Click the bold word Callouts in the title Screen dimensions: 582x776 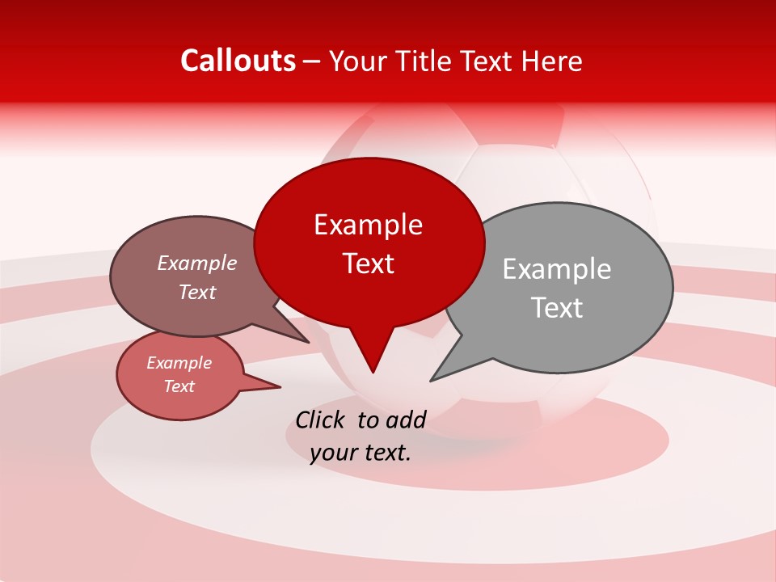click(238, 61)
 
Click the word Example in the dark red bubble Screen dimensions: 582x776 click(368, 225)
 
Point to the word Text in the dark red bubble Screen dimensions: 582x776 click(368, 264)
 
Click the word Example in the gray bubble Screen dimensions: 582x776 click(556, 269)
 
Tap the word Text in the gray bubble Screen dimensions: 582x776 click(556, 308)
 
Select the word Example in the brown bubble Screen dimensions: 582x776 click(196, 264)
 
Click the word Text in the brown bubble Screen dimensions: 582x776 click(196, 292)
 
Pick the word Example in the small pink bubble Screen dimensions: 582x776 click(179, 363)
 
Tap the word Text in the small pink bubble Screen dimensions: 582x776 click(179, 386)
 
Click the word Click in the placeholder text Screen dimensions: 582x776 click(321, 420)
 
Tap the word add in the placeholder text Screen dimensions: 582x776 click(407, 420)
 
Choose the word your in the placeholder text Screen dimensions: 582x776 click(332, 453)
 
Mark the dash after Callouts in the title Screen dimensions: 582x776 click(312, 61)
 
